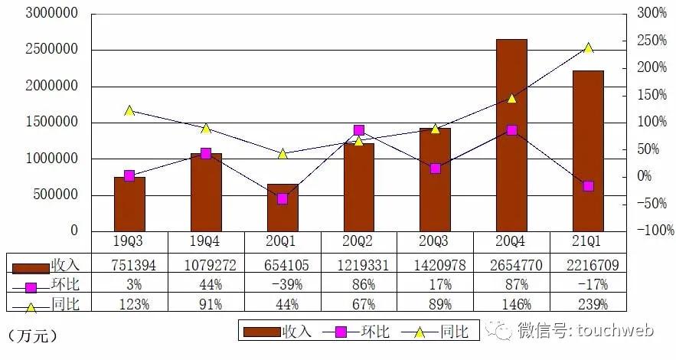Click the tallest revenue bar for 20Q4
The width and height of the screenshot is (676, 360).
pyautogui.click(x=511, y=134)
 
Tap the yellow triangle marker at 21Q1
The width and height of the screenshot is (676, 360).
pyautogui.click(x=588, y=47)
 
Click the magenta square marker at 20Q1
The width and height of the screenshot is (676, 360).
pyautogui.click(x=282, y=198)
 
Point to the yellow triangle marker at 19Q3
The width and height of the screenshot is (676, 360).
pyautogui.click(x=129, y=110)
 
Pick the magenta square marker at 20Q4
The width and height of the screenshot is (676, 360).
pyautogui.click(x=511, y=130)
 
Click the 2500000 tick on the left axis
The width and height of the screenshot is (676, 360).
pyautogui.click(x=51, y=50)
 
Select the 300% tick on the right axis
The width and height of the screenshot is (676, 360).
pyautogui.click(x=652, y=14)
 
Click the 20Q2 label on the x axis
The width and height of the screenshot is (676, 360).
pyautogui.click(x=358, y=242)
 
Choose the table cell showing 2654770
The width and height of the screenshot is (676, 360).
pyautogui.click(x=511, y=264)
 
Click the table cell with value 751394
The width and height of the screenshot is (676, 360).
pyautogui.click(x=129, y=264)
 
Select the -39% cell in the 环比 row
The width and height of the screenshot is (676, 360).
pyautogui.click(x=282, y=284)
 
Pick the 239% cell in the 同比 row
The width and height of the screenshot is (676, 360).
pyautogui.click(x=588, y=304)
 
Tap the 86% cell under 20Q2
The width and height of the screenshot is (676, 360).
pyautogui.click(x=358, y=284)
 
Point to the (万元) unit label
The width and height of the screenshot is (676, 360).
pyautogui.click(x=31, y=335)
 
